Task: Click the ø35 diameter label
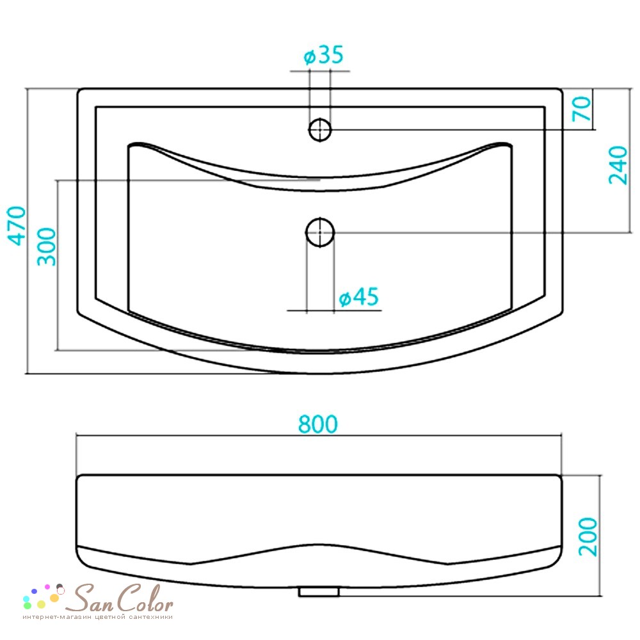pyautogui.click(x=323, y=55)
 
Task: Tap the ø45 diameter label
pyautogui.click(x=359, y=297)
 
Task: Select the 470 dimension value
pyautogui.click(x=17, y=226)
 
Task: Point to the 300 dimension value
pyautogui.click(x=46, y=246)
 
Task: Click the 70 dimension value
pyautogui.click(x=582, y=109)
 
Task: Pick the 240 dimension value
pyautogui.click(x=618, y=165)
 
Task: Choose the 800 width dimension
pyautogui.click(x=318, y=424)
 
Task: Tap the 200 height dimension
pyautogui.click(x=588, y=537)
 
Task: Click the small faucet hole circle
pyautogui.click(x=319, y=130)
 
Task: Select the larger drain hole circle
pyautogui.click(x=320, y=232)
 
